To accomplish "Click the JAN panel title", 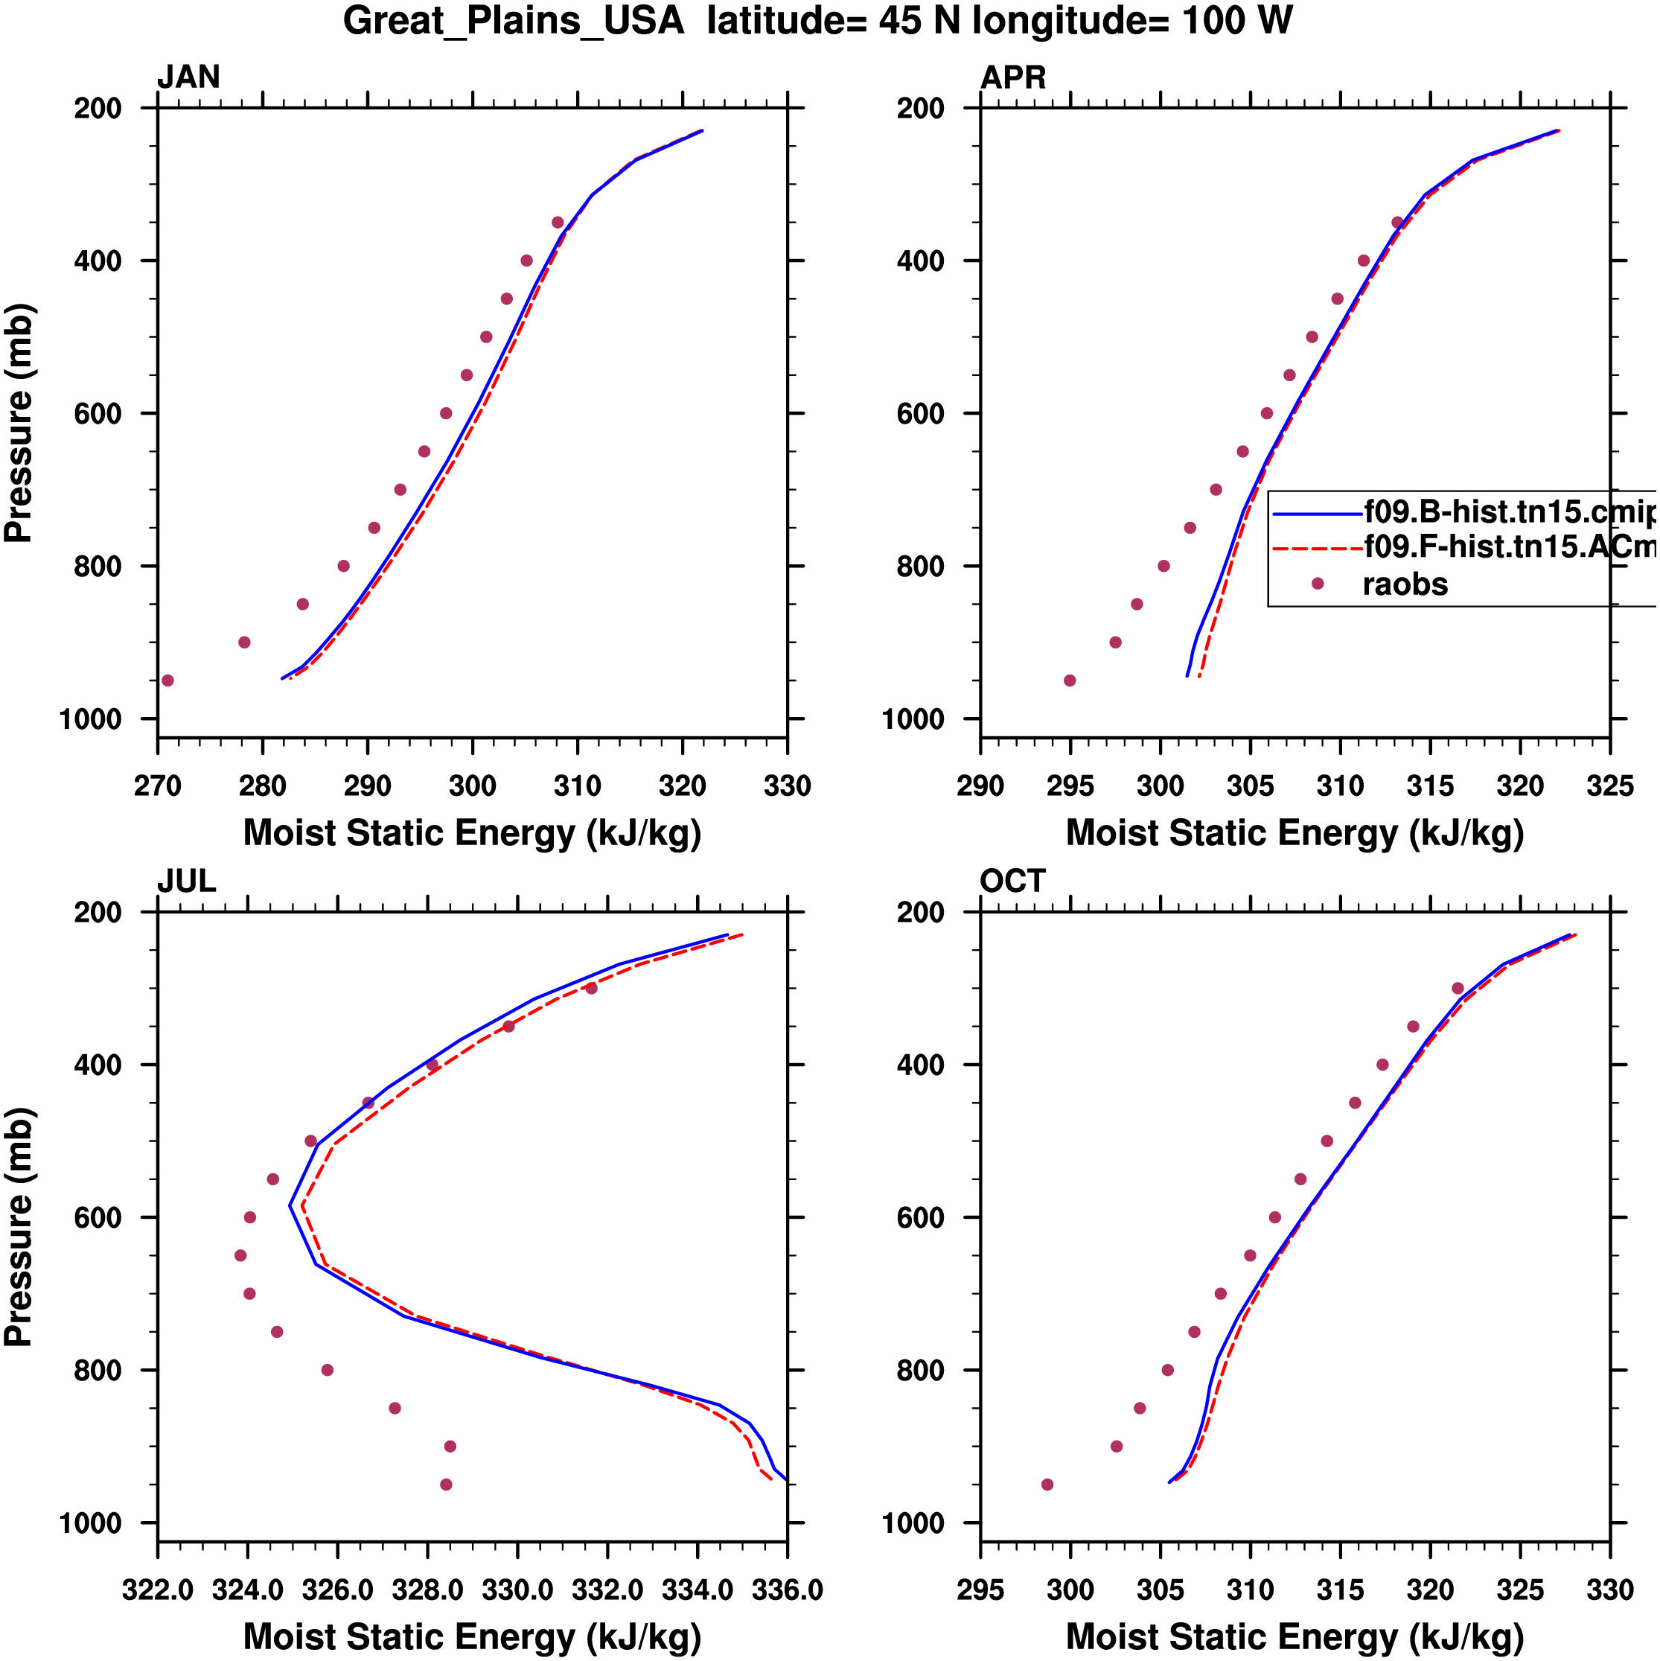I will (x=188, y=77).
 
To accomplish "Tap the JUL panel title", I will (x=187, y=881).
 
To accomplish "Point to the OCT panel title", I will (x=1012, y=881).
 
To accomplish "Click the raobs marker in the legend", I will (x=1317, y=584).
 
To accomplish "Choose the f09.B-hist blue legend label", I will (x=1509, y=512).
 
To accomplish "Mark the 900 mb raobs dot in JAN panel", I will (x=244, y=643).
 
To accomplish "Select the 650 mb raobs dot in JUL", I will (x=240, y=1256).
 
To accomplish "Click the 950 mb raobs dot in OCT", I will (x=1047, y=1485).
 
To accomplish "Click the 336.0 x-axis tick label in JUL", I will (x=788, y=1590).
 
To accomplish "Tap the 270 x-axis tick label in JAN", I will (x=157, y=787).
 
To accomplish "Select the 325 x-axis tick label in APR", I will (x=1609, y=787).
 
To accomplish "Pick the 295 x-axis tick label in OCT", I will (x=981, y=1590).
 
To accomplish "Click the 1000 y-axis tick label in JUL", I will (x=90, y=1523).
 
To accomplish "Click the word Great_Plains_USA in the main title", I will (x=513, y=21).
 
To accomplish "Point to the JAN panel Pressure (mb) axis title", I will (x=19, y=423).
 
